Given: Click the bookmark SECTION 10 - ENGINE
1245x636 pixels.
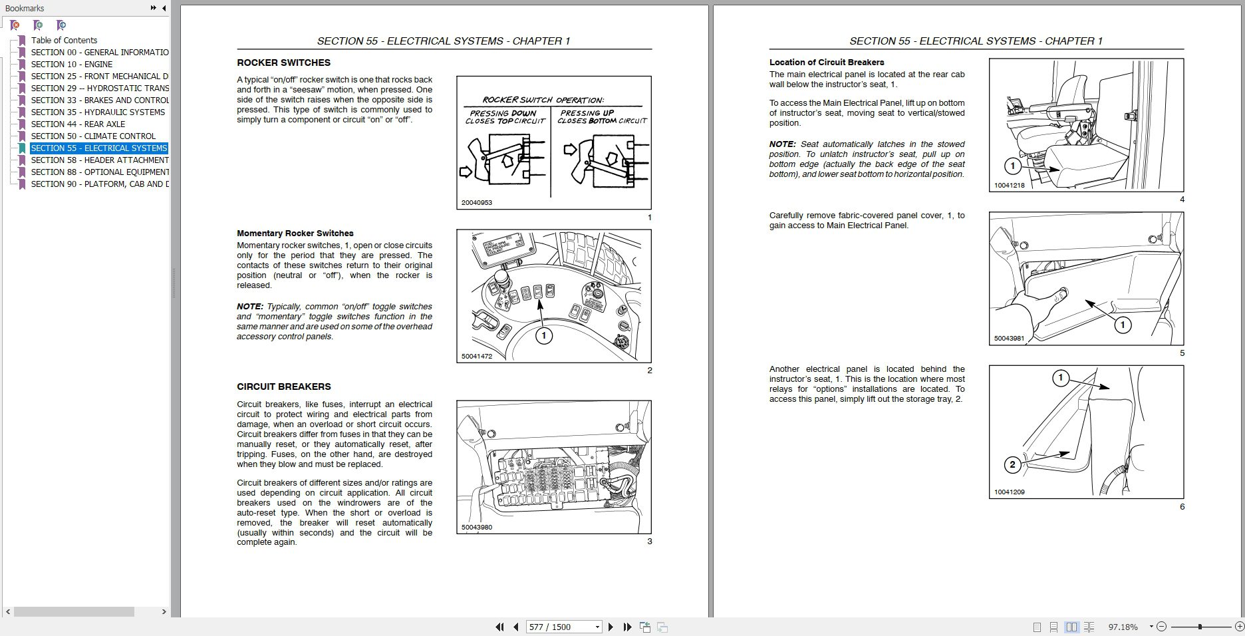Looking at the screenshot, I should [x=71, y=65].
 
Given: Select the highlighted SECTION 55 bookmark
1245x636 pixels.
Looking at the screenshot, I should [x=98, y=148].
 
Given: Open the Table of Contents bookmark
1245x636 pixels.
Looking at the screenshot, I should [x=64, y=41].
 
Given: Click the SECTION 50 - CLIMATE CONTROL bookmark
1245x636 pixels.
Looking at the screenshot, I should [x=93, y=136].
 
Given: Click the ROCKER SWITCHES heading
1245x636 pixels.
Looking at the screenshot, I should [x=283, y=63].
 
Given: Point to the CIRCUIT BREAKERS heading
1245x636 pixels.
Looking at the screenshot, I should [x=283, y=387].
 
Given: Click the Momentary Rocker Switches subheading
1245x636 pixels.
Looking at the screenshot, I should [x=295, y=234].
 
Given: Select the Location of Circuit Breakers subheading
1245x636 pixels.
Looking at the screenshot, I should [x=827, y=63].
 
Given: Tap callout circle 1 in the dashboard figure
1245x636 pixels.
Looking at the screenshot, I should [x=543, y=336].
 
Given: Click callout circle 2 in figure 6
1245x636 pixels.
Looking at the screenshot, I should [x=1012, y=464].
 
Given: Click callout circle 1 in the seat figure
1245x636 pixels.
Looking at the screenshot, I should [x=1012, y=166].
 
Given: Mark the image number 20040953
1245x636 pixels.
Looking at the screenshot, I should [x=476, y=203].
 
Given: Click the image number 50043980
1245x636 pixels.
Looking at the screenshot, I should [x=476, y=528].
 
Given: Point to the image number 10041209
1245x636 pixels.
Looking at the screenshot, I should [x=1009, y=492].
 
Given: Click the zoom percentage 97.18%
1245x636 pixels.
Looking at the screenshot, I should [x=1123, y=627].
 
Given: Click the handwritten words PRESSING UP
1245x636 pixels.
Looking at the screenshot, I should [x=587, y=113].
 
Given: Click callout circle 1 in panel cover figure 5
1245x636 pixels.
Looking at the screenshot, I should [x=1123, y=325].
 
